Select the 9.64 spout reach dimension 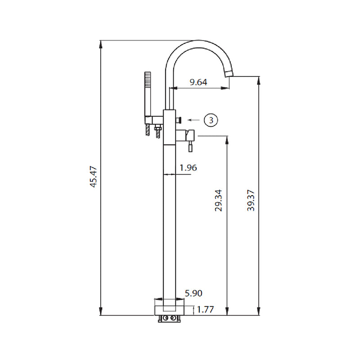click(198, 82)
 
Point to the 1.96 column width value click(188, 168)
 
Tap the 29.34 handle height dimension click(218, 200)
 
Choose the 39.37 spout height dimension click(251, 200)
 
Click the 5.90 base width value click(193, 293)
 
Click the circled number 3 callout click(211, 120)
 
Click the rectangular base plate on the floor click(170, 309)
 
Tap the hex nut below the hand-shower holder click(157, 130)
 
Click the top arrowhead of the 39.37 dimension click(258, 80)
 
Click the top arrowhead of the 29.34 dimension click(226, 138)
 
